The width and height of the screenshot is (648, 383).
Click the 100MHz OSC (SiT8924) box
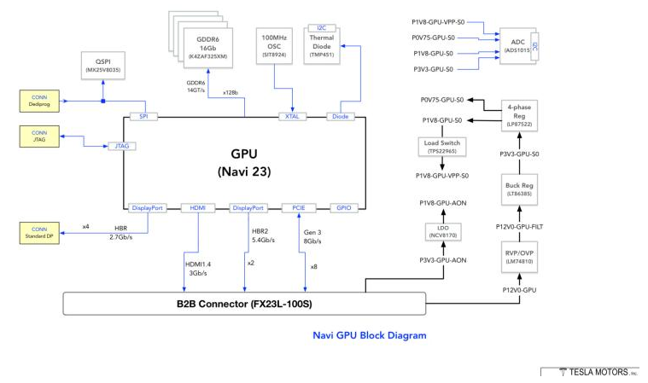(x=275, y=44)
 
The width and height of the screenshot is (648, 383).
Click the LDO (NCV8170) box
(x=442, y=231)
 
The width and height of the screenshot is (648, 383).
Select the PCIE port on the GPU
(x=298, y=207)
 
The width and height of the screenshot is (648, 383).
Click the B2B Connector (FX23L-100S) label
(x=243, y=303)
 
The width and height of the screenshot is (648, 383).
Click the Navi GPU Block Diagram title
(x=369, y=336)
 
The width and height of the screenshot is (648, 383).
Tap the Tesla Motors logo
(x=589, y=372)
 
